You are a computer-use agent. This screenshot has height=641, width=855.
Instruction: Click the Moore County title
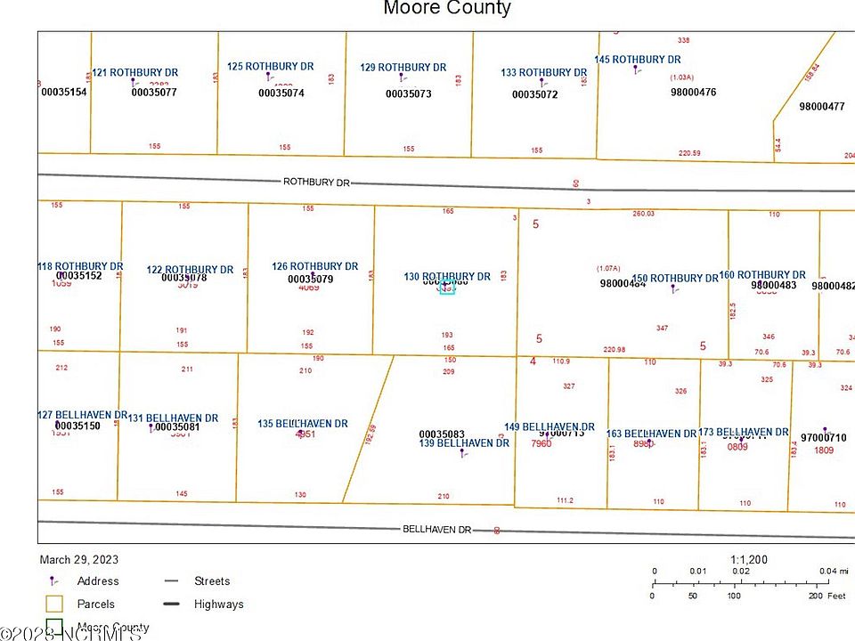(447, 9)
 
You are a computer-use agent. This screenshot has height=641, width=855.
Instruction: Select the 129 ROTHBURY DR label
(403, 68)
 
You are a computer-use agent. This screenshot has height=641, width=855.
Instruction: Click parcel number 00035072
(534, 94)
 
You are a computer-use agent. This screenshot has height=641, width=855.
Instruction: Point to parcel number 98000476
(693, 92)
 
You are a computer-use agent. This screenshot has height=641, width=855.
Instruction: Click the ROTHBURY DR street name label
(316, 182)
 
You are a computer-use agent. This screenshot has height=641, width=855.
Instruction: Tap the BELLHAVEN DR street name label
(436, 529)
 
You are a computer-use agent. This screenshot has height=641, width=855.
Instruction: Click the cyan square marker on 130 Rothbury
(447, 287)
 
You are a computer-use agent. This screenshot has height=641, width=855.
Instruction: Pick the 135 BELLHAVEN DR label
(303, 424)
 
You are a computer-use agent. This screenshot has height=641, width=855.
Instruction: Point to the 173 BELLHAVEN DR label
(744, 433)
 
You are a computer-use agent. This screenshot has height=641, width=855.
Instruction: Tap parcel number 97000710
(823, 438)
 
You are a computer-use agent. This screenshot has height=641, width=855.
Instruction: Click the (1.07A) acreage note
(608, 268)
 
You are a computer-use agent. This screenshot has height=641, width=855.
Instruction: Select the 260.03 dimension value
(643, 214)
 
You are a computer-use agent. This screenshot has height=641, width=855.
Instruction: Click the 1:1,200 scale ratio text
(749, 560)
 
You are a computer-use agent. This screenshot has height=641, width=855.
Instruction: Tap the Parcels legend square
(54, 604)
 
